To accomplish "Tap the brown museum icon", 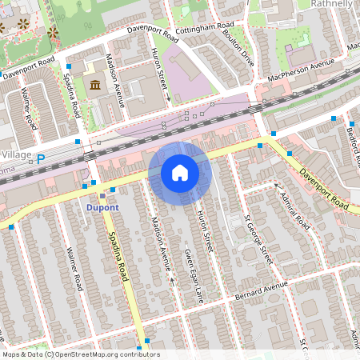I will [x=95, y=86].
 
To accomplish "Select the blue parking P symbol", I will [x=41, y=159].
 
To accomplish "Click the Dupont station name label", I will [x=102, y=208].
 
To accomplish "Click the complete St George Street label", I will [x=258, y=238].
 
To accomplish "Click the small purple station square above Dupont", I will [x=102, y=195].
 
